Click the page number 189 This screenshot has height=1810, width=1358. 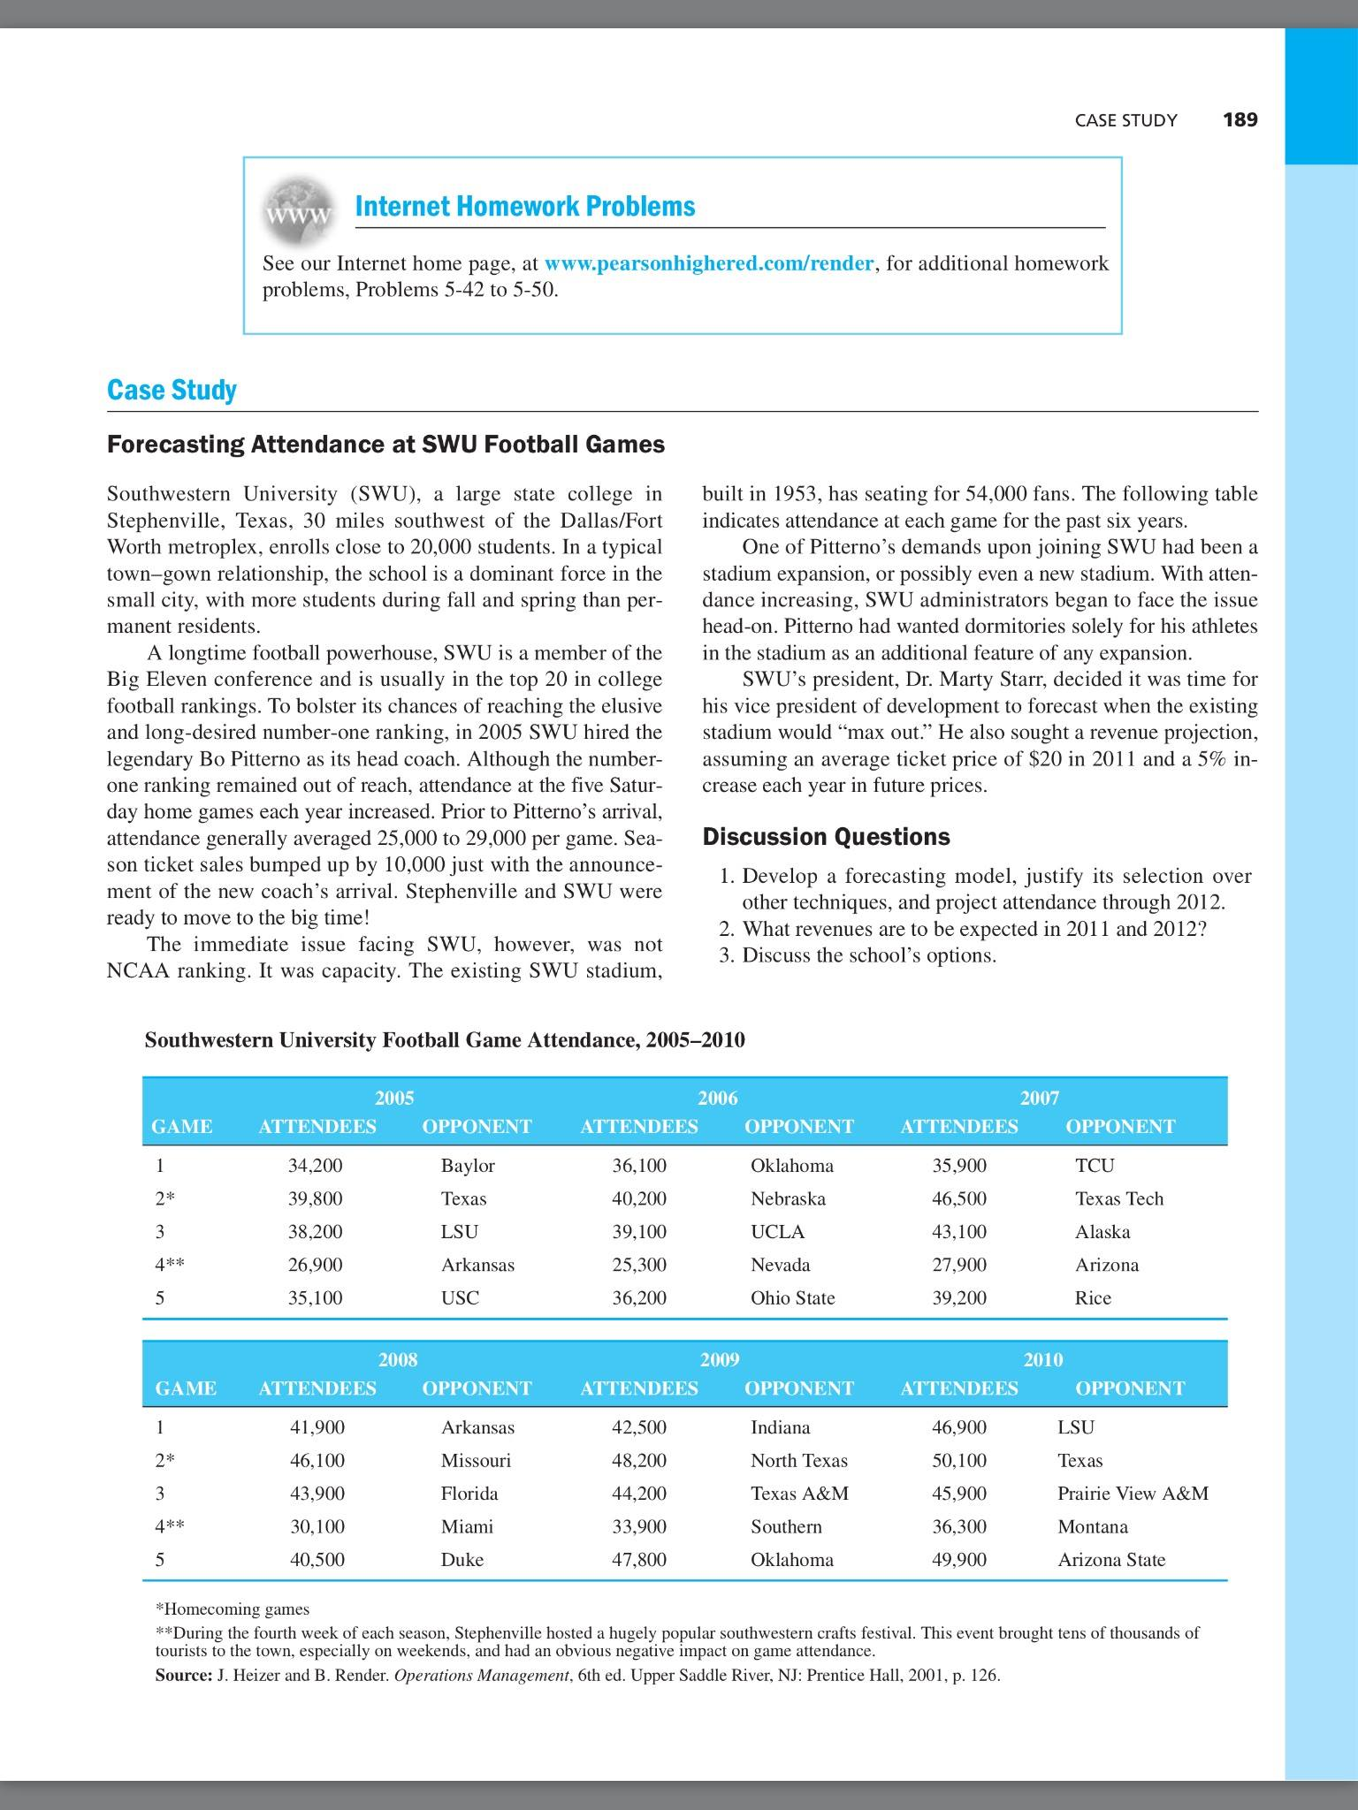1240,120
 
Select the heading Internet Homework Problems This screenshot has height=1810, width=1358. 524,207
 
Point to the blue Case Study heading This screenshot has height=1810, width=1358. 172,391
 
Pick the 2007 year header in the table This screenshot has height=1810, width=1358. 1039,1099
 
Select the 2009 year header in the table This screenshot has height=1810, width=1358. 719,1360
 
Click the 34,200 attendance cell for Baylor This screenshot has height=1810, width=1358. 316,1166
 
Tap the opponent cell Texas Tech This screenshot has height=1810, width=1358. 1118,1199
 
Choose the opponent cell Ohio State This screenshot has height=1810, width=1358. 792,1298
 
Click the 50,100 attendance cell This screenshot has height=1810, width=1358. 959,1461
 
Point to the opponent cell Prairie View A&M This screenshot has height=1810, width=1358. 1133,1494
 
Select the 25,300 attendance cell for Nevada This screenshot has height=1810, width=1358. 639,1265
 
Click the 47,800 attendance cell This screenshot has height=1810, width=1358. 639,1560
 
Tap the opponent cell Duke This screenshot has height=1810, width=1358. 462,1560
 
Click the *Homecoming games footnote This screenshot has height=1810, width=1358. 232,1609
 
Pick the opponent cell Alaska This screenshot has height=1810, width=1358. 1102,1232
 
